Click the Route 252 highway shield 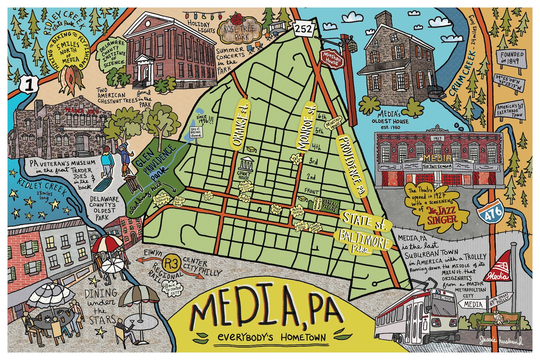point(303,28)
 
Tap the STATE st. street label point(364,221)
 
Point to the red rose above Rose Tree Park point(237,18)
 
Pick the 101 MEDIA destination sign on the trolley point(443,298)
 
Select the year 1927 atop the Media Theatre point(437,138)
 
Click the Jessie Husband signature point(501,340)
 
